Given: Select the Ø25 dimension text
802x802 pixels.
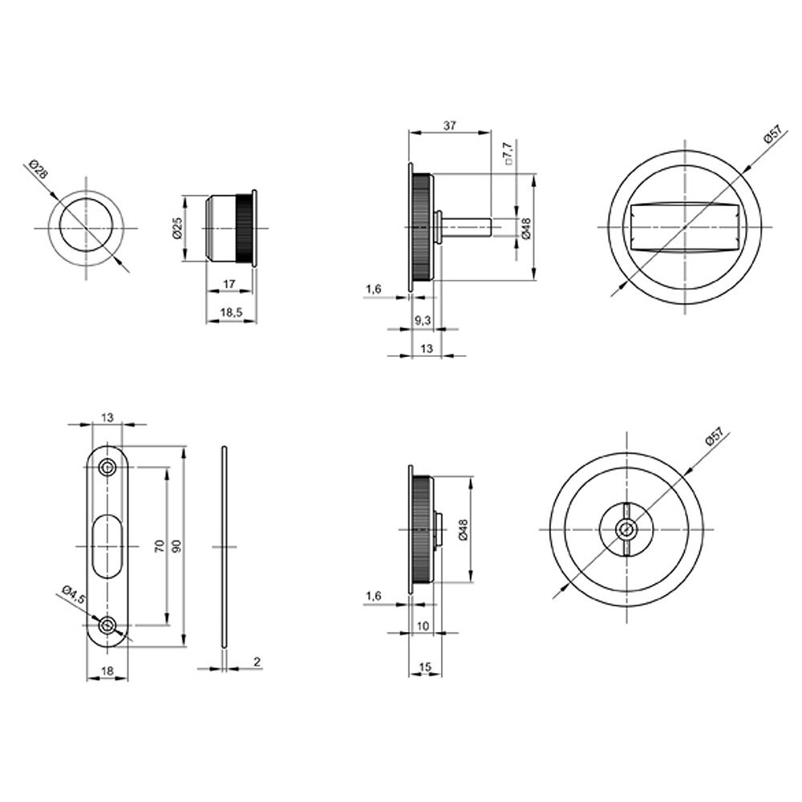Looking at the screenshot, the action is point(178,228).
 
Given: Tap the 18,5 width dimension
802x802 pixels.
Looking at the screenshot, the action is point(231,313).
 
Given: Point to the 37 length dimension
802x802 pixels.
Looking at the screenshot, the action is point(450,125).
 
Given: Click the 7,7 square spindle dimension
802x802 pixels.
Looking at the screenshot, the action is point(508,153).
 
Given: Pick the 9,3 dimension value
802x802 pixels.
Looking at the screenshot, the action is point(423,321).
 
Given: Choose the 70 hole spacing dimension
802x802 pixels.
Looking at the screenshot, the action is point(160,545).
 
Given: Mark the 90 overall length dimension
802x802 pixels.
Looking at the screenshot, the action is point(177,545).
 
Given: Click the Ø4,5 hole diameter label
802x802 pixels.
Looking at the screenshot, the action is point(74,595).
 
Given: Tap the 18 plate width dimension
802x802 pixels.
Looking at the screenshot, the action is point(107,670).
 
